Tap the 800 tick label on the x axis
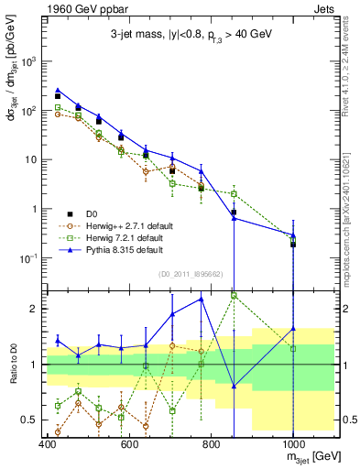click(211, 444)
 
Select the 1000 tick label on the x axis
click(292, 444)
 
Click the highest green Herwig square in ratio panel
click(235, 295)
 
